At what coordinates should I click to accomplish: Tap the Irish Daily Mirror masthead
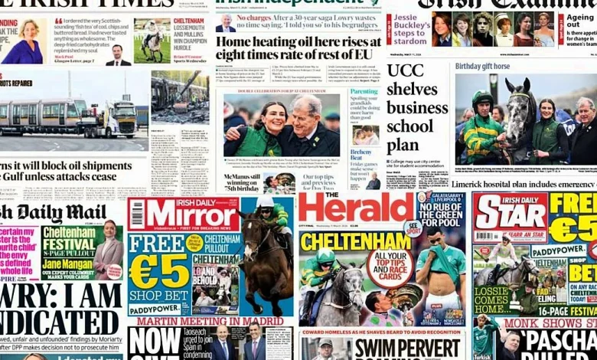click(x=184, y=214)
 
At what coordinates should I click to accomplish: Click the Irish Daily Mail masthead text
click(x=54, y=212)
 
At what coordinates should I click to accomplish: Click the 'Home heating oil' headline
click(x=298, y=47)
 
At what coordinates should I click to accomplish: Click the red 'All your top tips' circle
click(x=390, y=267)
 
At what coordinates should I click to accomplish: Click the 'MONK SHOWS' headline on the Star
click(x=543, y=323)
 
